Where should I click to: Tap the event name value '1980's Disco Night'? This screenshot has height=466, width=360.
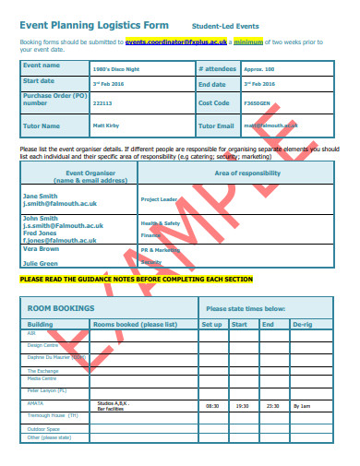tap(116, 69)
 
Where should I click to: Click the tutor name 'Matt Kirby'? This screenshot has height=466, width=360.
tap(106, 125)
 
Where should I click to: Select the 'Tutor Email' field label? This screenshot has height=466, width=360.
tap(217, 125)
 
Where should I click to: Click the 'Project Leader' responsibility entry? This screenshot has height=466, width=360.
tap(159, 198)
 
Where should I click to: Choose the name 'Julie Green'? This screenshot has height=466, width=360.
tap(42, 264)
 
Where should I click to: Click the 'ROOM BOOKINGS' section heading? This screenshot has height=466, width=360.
tap(61, 308)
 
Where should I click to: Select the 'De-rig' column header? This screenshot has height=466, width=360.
tap(302, 325)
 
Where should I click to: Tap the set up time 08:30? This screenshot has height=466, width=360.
tap(212, 405)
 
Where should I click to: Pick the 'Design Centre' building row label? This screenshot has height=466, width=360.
tap(42, 345)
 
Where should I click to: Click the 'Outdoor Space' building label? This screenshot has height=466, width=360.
tap(44, 428)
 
